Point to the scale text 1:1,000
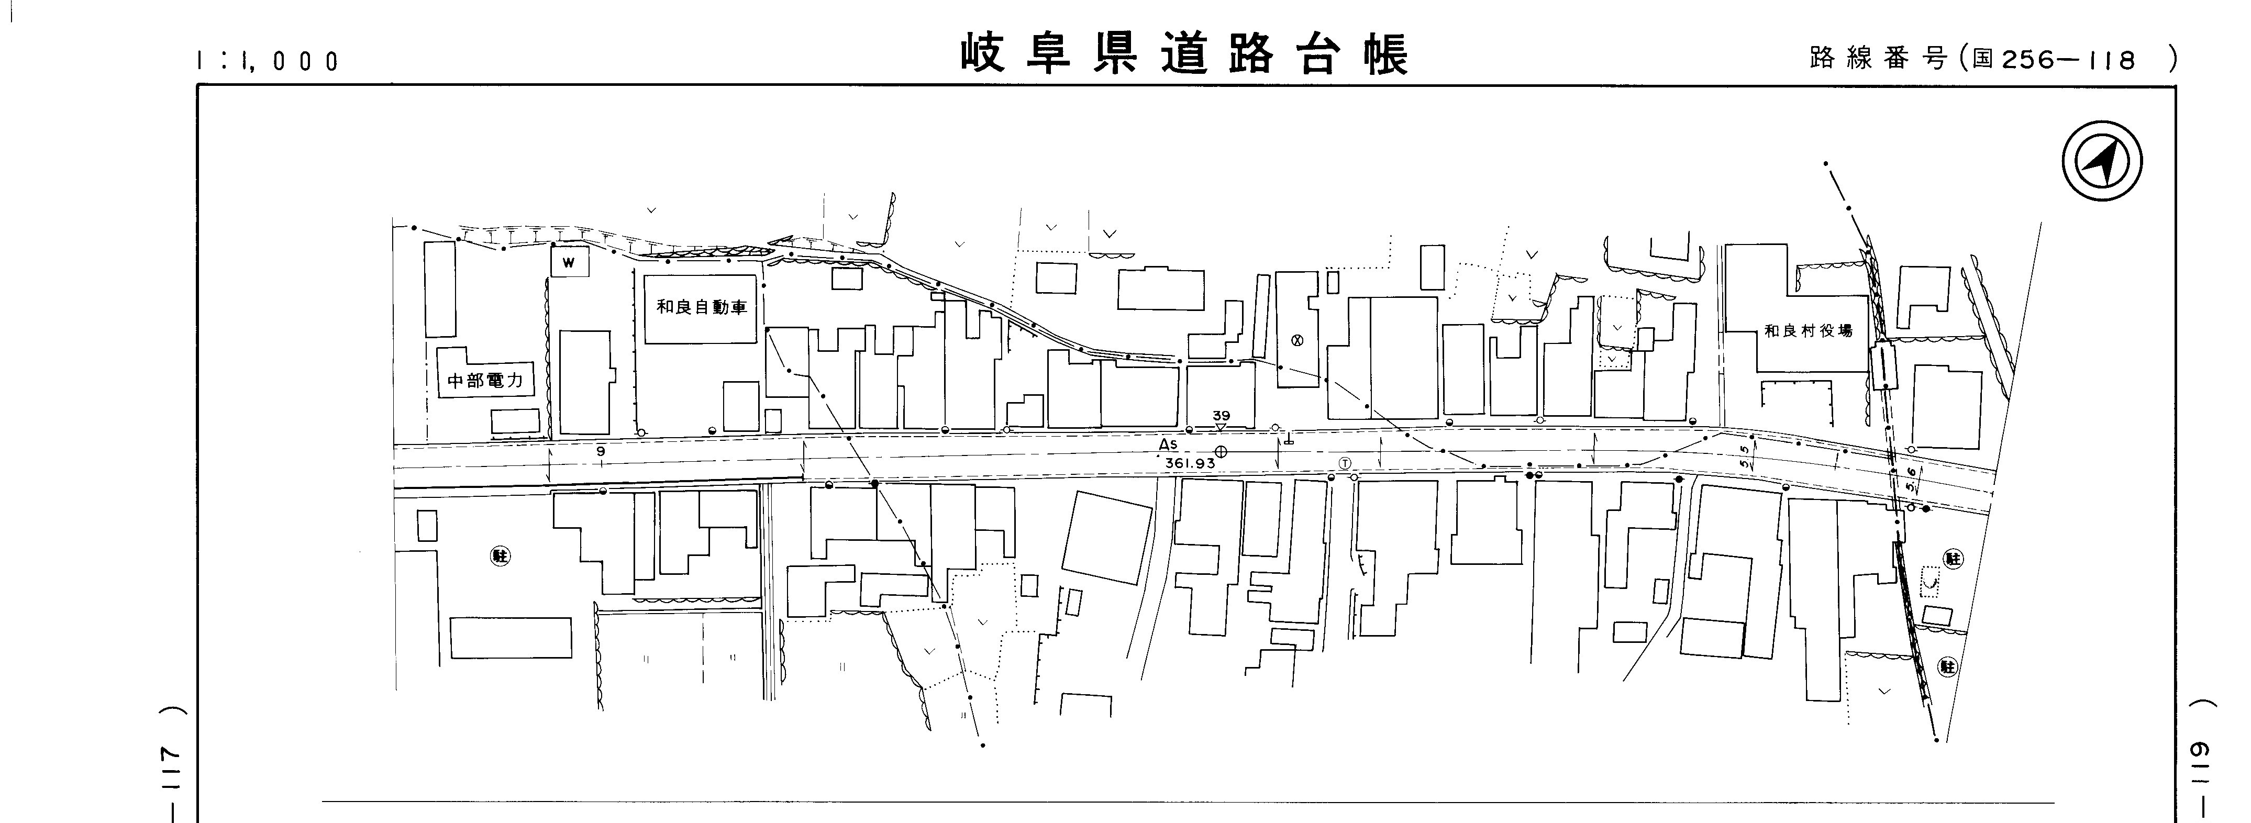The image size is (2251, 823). [x=268, y=61]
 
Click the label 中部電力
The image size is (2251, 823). [x=485, y=381]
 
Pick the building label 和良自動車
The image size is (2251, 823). [x=702, y=307]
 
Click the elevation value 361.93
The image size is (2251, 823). [x=1189, y=463]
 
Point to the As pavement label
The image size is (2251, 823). [x=1168, y=444]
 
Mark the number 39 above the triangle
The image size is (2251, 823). [x=1221, y=416]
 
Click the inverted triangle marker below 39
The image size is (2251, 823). [x=1221, y=427]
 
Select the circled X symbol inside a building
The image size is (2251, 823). [x=1297, y=341]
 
